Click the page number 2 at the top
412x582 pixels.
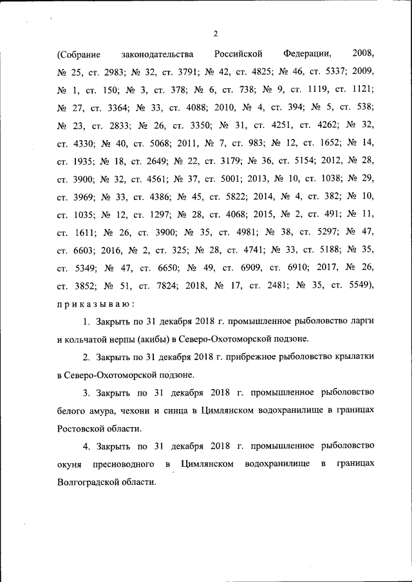214,34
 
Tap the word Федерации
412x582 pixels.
306,53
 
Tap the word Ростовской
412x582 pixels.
80,427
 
